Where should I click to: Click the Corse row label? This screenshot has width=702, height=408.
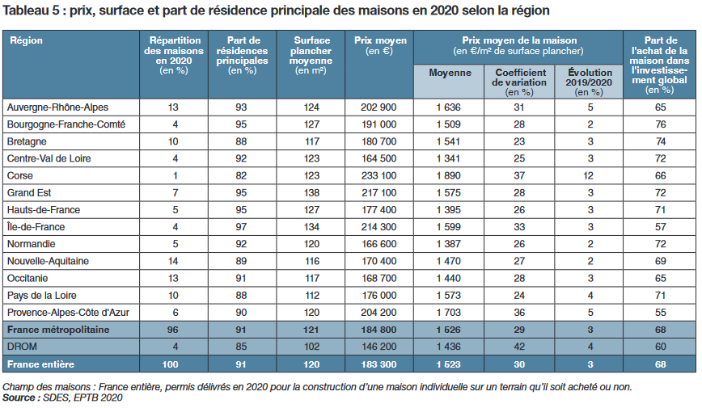tap(19, 175)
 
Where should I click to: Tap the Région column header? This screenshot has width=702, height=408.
tap(26, 40)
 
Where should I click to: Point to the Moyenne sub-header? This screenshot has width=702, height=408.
tap(450, 74)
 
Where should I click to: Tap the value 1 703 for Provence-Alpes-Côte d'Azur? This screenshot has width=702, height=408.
tap(448, 312)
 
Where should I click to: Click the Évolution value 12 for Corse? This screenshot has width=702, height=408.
tap(591, 175)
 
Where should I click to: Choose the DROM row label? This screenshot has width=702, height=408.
tap(22, 346)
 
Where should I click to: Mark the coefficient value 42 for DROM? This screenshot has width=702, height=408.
tap(519, 346)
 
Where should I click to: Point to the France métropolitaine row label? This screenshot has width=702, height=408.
tap(57, 330)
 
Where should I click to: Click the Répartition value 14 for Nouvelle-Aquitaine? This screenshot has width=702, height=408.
tap(173, 261)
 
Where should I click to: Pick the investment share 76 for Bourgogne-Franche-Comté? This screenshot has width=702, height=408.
tap(660, 124)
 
